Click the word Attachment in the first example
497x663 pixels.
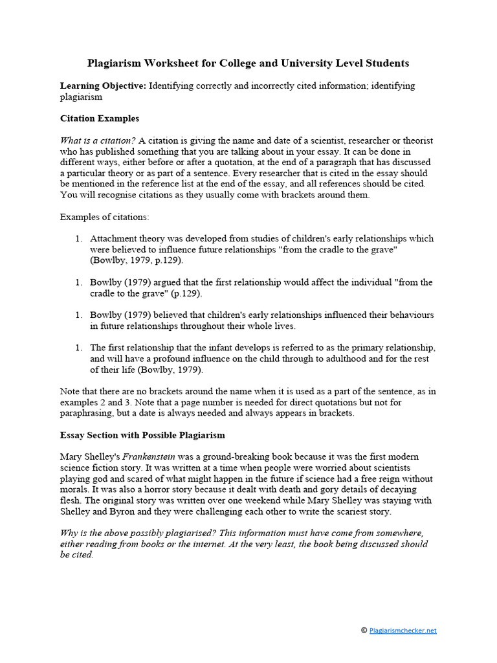(x=114, y=238)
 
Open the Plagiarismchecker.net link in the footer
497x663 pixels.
(x=403, y=630)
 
